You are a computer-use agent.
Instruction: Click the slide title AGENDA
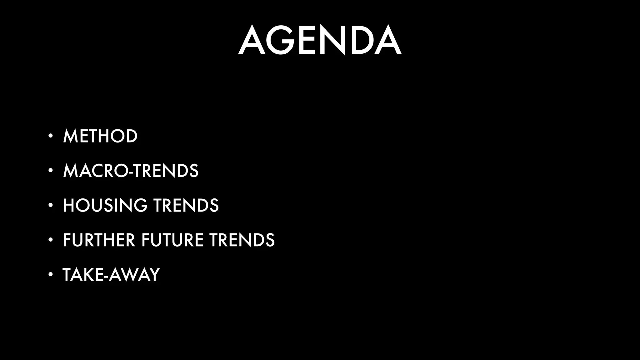coord(320,40)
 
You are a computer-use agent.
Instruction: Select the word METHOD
coord(100,136)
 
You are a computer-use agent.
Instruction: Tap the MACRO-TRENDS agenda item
coord(131,171)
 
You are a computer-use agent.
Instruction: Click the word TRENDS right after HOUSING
coord(186,206)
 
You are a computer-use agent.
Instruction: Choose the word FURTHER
coord(99,240)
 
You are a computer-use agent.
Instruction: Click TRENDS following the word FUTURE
coord(242,240)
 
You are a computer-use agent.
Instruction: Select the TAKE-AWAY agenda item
coord(111,275)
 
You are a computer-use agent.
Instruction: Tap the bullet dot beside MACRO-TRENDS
coord(50,171)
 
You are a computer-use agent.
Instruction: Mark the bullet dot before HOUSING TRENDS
coord(50,205)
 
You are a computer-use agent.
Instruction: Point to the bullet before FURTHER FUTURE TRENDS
coord(50,240)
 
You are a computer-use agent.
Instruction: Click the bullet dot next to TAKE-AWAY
coord(50,275)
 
